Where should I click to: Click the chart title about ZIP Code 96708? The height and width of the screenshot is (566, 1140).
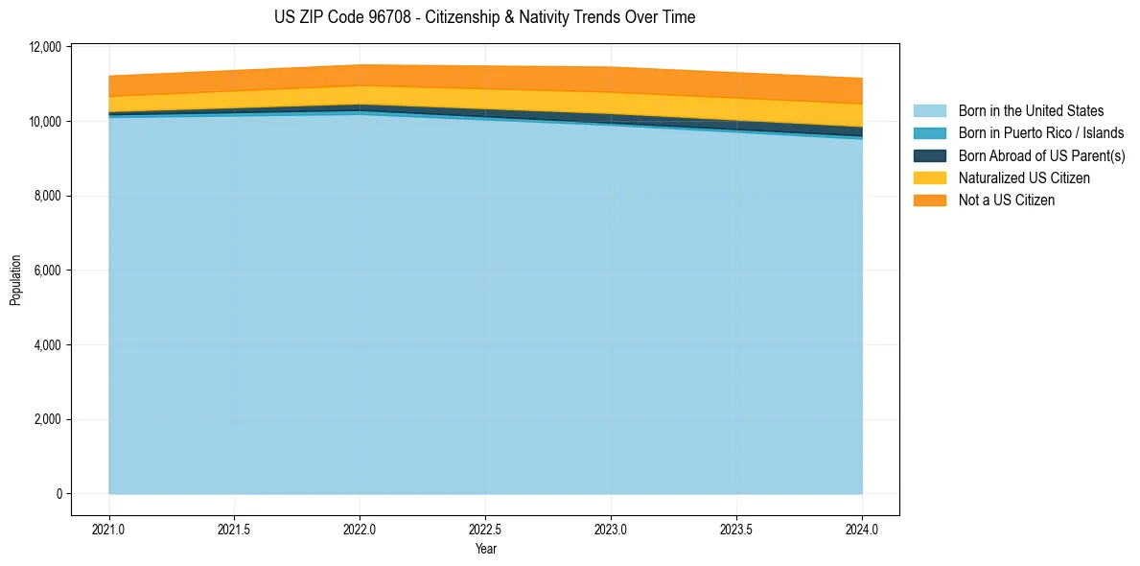click(x=484, y=17)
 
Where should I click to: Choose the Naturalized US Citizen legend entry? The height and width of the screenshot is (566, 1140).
click(x=1024, y=177)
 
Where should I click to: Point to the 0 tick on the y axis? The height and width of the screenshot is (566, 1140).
click(x=58, y=494)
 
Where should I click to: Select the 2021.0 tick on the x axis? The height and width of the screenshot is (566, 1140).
click(x=109, y=529)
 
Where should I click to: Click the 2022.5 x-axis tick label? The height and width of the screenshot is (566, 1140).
click(x=486, y=529)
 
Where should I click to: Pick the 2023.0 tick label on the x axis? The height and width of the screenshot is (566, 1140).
click(x=611, y=529)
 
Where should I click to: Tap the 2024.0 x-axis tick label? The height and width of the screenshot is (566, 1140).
click(x=862, y=529)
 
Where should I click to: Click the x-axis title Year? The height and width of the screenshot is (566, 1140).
click(x=486, y=549)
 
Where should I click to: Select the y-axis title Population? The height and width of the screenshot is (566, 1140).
click(x=15, y=280)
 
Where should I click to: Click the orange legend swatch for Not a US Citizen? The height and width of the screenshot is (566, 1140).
click(x=929, y=200)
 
